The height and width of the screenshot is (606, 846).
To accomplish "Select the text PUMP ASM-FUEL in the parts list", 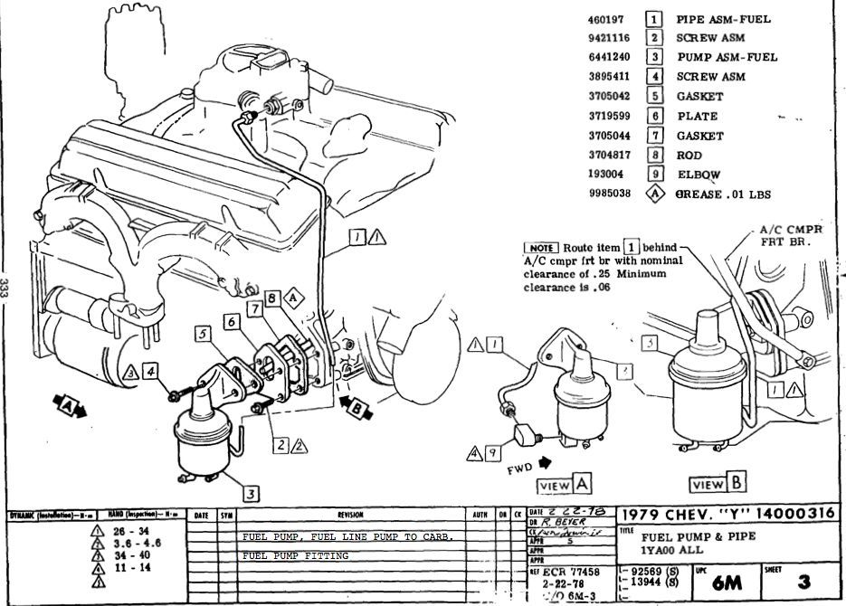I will point(726,57).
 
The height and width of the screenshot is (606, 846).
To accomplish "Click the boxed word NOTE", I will point(542,248).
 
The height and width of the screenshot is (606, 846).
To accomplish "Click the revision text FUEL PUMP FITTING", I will point(295,555).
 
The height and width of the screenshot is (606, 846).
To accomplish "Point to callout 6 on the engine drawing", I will point(232,321).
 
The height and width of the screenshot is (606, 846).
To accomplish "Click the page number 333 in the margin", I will point(6,289).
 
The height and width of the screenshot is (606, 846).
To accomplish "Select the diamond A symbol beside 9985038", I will point(654,193).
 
